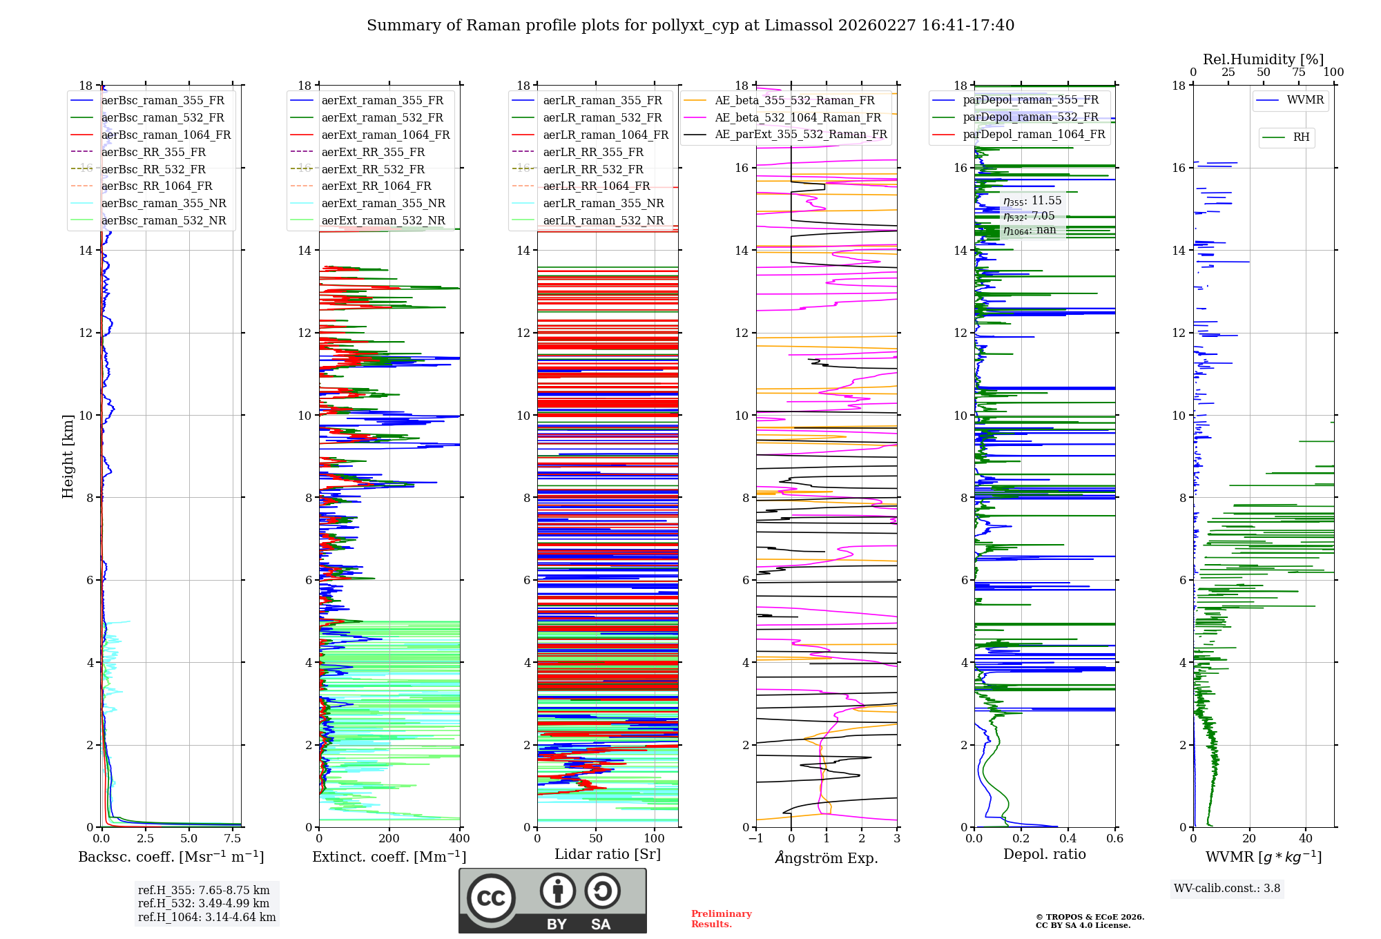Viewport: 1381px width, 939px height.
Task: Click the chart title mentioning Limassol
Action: tap(690, 26)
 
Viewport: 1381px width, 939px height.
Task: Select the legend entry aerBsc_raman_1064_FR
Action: tap(166, 135)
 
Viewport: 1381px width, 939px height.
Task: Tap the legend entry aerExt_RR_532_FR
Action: tap(373, 169)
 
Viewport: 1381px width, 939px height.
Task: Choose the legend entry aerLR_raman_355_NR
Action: tap(603, 203)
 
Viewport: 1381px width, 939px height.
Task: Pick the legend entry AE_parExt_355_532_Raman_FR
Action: tap(800, 134)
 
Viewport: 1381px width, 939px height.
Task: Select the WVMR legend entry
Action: tap(1304, 100)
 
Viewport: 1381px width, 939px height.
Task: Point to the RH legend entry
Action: tap(1301, 137)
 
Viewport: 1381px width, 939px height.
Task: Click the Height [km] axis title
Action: tap(68, 456)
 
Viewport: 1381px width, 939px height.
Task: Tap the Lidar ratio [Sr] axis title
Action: tap(608, 854)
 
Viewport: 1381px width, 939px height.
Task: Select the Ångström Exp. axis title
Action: tap(827, 858)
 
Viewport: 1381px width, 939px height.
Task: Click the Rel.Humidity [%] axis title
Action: tap(1263, 59)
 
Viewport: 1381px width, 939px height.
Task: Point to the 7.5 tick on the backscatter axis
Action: tap(233, 839)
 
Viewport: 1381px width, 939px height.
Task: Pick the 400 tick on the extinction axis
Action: tap(459, 839)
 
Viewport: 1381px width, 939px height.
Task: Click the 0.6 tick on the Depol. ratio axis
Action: tap(1114, 839)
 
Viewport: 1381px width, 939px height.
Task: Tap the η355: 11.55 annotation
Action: tap(1032, 201)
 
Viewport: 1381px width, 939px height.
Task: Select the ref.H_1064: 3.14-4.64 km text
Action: tap(206, 918)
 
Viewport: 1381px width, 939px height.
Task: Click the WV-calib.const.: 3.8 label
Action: tap(1227, 889)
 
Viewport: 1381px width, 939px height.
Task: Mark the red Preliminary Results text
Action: tap(721, 919)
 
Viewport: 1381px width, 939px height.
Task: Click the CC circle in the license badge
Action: tap(491, 898)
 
